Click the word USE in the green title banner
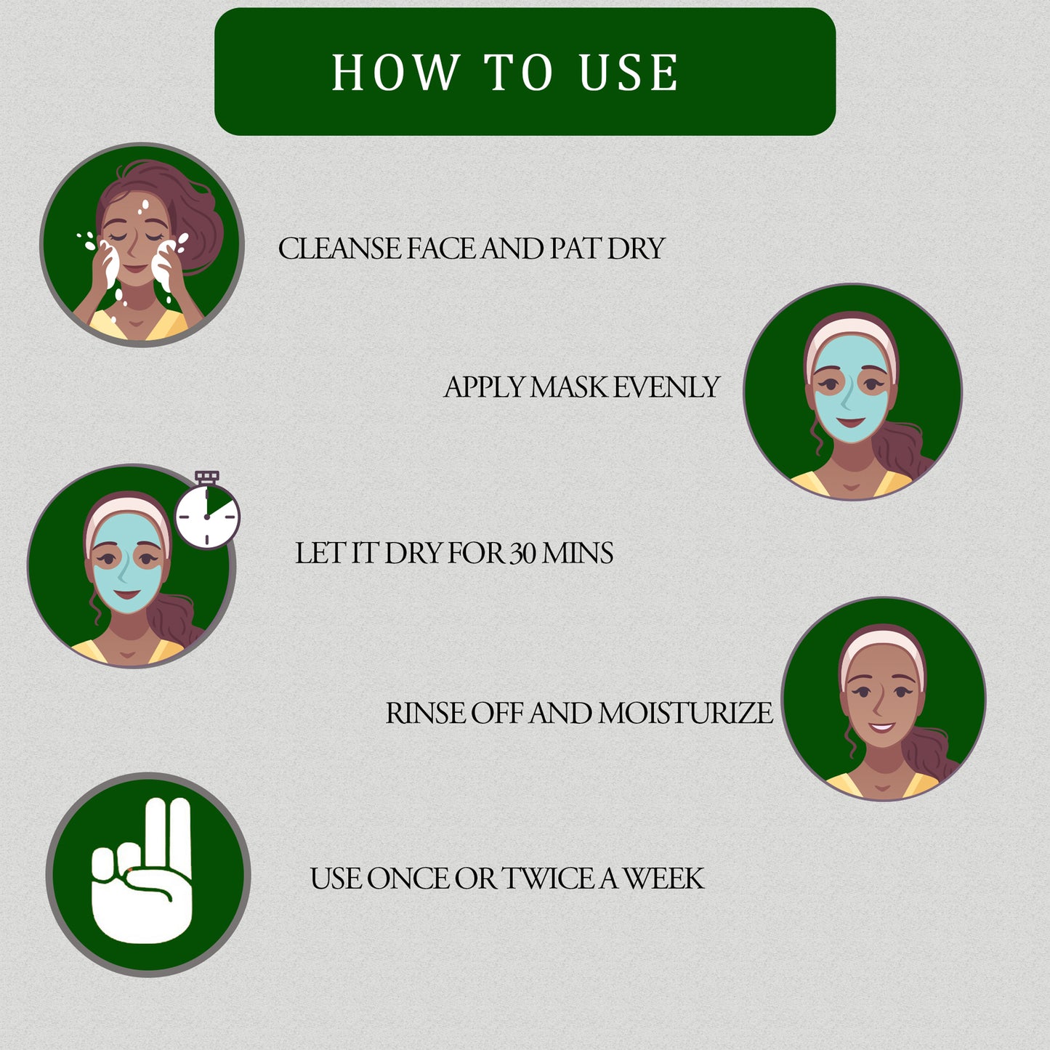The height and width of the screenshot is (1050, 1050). pos(629,73)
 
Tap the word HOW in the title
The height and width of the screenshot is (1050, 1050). pos(395,73)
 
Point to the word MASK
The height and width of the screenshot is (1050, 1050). pos(569,387)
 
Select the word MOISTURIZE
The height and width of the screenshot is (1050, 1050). pos(685,714)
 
